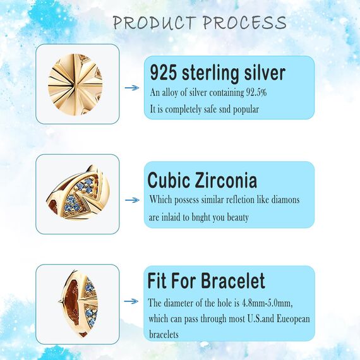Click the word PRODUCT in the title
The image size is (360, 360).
pos(154,23)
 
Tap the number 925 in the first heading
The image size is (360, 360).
pos(162,73)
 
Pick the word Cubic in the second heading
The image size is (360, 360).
pos(169,180)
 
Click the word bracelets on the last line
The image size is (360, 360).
pos(164,334)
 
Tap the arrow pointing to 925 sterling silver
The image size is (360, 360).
pos(131,88)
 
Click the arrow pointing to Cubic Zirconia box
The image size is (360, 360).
pos(131,200)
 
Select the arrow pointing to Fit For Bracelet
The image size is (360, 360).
pos(131,303)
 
